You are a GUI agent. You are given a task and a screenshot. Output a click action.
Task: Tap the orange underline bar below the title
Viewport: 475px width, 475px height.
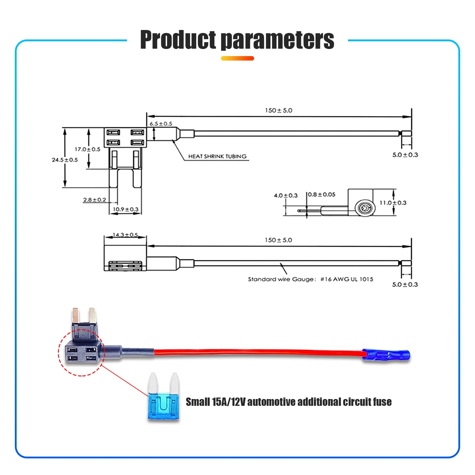coord(237,58)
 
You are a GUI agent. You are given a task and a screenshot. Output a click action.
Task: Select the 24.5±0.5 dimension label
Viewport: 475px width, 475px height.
coord(65,160)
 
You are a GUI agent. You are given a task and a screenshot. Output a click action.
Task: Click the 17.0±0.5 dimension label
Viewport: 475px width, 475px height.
coord(87,149)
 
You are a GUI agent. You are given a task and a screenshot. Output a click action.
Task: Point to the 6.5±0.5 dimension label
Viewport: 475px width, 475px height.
coord(161,124)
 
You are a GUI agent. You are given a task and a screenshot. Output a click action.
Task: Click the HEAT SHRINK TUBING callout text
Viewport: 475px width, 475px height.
coord(217,156)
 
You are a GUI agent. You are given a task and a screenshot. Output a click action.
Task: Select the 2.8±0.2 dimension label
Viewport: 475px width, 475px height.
coord(94,200)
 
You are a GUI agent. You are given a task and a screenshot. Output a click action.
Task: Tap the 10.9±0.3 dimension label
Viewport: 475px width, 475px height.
coord(126,209)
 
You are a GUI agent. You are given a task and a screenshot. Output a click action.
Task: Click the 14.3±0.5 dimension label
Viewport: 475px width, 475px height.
coord(125,235)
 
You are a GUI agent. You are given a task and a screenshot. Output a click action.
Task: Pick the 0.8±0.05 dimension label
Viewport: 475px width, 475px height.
coord(322,194)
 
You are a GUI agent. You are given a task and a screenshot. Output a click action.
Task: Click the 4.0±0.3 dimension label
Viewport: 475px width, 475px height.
coord(286,195)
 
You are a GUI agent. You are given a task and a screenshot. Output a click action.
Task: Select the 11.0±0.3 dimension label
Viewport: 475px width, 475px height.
coord(393,203)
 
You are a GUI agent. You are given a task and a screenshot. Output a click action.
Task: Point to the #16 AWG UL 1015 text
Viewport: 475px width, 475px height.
coord(347,279)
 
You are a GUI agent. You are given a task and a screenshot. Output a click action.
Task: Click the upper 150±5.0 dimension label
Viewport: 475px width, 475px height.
coord(278,110)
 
